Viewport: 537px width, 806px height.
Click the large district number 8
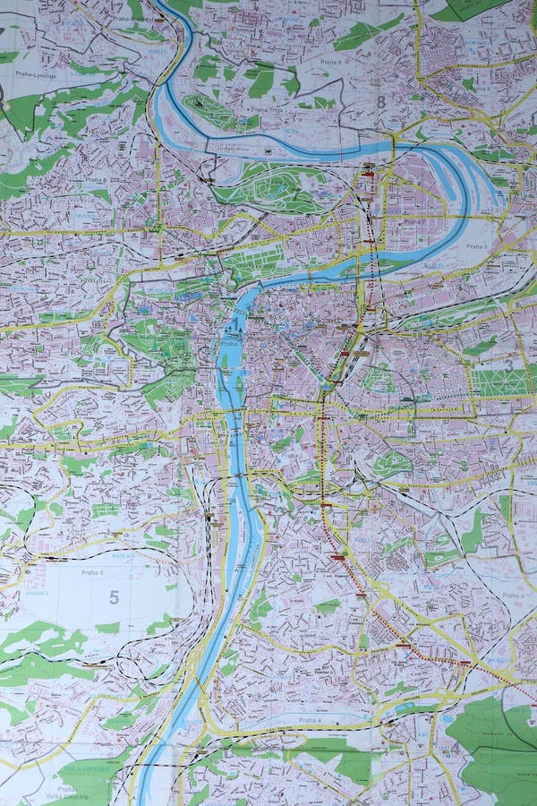pos(380,102)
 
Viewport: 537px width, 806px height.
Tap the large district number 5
pos(114,597)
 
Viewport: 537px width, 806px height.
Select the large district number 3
pos(508,365)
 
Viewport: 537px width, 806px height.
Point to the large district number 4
pos(455,746)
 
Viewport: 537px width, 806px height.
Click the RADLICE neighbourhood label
pos(149,556)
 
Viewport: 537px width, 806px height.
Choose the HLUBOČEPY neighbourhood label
pos(107,694)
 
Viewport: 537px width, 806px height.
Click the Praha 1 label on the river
pos(231,342)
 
